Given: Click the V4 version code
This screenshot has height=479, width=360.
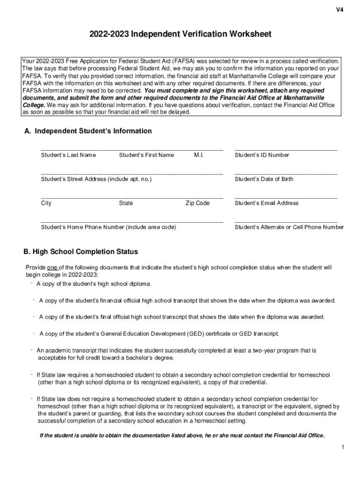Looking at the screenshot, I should point(339,10).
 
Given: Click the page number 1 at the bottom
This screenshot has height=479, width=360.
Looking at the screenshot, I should point(343,448).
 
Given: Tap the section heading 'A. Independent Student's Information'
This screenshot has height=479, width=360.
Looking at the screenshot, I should point(88,131).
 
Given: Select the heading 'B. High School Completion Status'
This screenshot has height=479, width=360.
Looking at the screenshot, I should point(81,252).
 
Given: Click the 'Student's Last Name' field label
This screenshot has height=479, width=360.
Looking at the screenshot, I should point(68,155).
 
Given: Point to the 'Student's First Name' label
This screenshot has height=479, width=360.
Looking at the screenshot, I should point(146,155).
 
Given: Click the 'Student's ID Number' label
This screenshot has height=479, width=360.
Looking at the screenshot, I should point(262,155).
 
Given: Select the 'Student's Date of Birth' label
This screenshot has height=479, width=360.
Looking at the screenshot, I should point(264,179).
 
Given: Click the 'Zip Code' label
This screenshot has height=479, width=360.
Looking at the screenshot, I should point(197,203).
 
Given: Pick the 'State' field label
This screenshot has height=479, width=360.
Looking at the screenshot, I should point(126,203).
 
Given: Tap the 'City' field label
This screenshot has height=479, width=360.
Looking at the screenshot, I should point(46,203).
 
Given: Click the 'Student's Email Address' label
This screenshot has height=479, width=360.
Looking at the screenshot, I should point(266,203).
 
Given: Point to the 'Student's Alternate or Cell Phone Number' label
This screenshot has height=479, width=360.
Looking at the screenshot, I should point(289,227).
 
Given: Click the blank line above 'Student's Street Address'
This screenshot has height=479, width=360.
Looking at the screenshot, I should point(132,173).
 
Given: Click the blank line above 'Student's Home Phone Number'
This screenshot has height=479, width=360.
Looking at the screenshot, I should point(132,221).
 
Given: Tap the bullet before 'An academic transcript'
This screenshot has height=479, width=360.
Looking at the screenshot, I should point(32,349).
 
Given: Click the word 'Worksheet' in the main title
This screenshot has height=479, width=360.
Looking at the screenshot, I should point(242,35).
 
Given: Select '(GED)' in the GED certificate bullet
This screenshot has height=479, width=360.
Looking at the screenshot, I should point(197,334).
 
